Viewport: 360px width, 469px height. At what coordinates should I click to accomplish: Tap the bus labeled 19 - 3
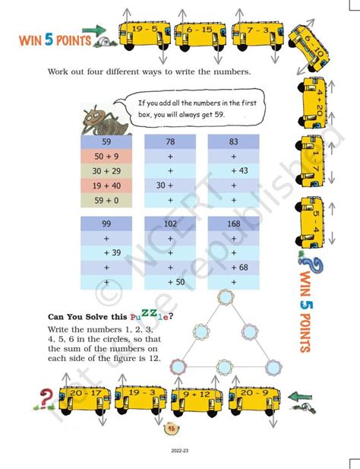coord(140,398)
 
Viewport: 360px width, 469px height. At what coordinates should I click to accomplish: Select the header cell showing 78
coord(170,141)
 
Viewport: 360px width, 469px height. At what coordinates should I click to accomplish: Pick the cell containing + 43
coord(233,170)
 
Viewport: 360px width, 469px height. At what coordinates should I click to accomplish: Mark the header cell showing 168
coord(233,223)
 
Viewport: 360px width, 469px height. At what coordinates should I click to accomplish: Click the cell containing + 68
coord(233,267)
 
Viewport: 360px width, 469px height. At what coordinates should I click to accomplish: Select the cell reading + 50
coord(170,281)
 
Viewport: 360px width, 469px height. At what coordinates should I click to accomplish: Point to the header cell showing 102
coord(170,223)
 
